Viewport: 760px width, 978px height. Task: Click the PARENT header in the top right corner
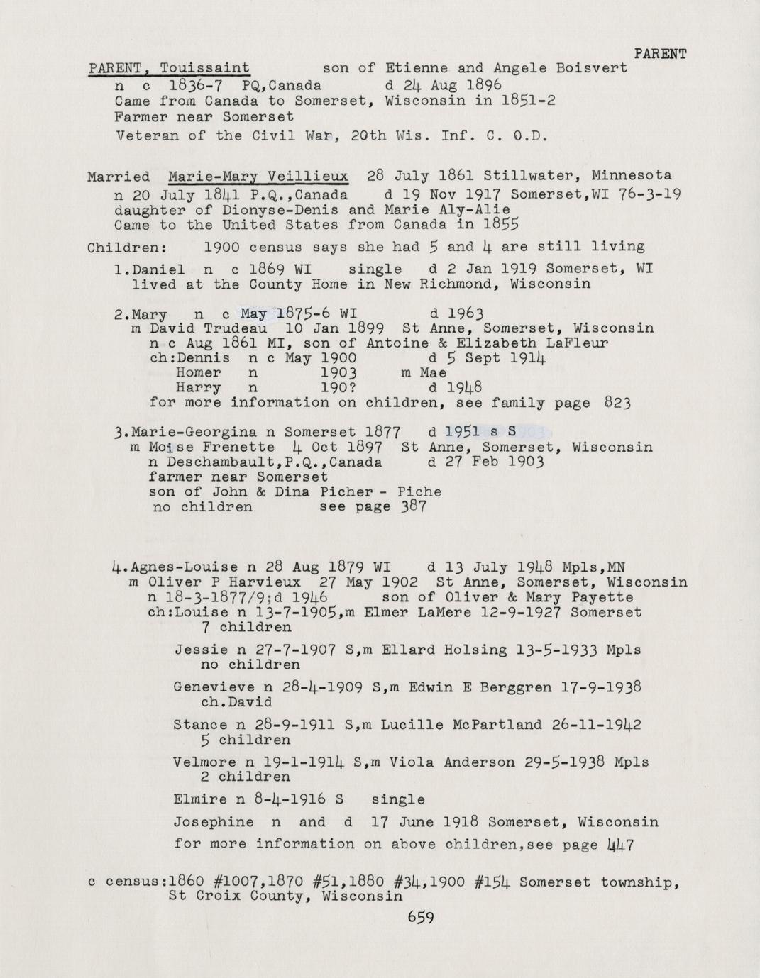coord(659,54)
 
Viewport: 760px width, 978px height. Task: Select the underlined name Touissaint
coord(204,69)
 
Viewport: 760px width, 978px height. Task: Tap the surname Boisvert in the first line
coord(593,69)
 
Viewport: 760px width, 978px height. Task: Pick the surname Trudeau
coord(236,329)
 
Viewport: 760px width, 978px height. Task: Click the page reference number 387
coord(412,506)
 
